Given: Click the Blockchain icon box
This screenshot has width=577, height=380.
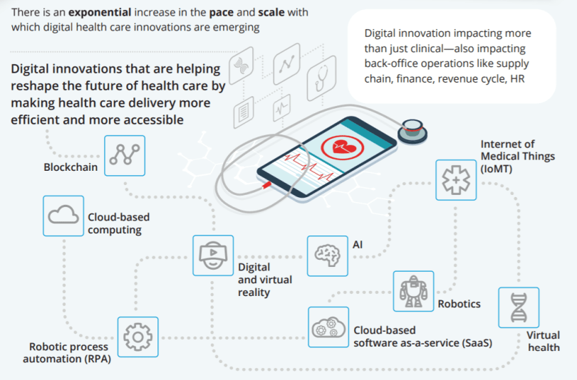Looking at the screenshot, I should (x=125, y=155).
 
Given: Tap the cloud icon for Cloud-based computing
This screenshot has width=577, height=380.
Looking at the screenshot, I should (x=63, y=216).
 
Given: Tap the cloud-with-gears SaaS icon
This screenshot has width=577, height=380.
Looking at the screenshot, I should (x=328, y=327).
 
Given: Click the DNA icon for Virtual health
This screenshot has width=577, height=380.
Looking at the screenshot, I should (x=519, y=307).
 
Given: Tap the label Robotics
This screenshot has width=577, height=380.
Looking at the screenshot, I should (x=459, y=304).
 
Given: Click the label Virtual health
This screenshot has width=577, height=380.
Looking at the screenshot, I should (x=543, y=342).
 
